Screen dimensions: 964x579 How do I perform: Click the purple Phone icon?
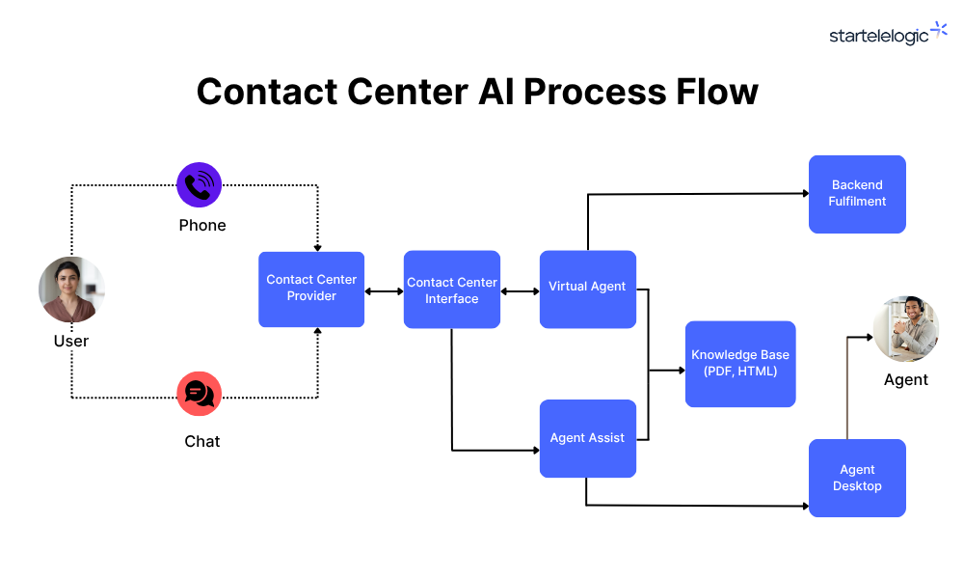200,184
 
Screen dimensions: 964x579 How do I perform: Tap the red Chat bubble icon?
200,394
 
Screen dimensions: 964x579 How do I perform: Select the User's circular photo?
71,289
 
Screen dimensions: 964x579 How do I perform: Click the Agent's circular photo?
906,328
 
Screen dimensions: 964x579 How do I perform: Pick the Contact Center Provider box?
311,289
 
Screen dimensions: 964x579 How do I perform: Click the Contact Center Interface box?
452,289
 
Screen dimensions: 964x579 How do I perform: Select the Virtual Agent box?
588,289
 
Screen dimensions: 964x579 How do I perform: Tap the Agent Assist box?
588,439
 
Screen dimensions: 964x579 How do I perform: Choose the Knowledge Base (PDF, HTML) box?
740,364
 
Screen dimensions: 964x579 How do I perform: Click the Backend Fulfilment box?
857,194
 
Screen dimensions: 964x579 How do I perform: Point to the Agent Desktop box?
857,478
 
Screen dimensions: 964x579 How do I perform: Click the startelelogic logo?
888,34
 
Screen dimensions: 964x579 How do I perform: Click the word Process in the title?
595,92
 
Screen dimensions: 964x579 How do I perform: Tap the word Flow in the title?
717,92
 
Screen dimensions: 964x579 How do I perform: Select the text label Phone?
202,225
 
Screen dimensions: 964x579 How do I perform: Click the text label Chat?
202,441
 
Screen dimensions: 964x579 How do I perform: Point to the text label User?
71,341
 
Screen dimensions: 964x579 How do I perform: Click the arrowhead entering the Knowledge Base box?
682,371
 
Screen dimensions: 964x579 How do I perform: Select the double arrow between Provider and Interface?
385,291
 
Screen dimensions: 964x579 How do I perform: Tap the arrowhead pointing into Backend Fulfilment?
805,193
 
